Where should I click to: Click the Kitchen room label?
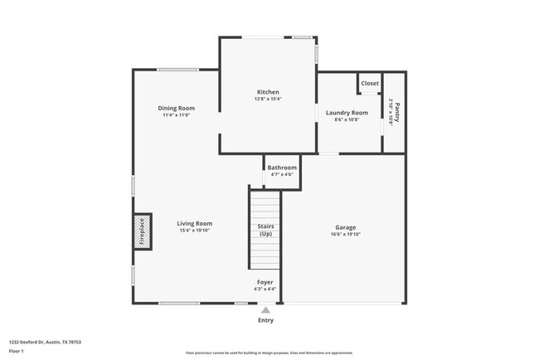[267, 92]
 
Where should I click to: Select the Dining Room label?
[176, 108]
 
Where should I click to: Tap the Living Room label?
[195, 223]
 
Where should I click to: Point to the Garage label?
[346, 226]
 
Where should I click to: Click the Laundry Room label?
[347, 113]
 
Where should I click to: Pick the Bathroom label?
[282, 168]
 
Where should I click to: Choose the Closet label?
[370, 84]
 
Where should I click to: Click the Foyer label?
[265, 282]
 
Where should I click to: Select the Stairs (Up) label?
[266, 230]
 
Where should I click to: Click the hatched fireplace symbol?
[141, 231]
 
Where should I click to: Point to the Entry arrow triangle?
[265, 311]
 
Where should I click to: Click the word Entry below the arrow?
[265, 320]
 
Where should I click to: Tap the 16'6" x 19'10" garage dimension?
[346, 234]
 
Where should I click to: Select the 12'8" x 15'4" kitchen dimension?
[267, 100]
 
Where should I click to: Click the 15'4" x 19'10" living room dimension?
[195, 231]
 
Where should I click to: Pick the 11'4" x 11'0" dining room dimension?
[176, 115]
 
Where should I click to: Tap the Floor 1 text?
[17, 351]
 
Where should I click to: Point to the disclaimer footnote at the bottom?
[269, 353]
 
